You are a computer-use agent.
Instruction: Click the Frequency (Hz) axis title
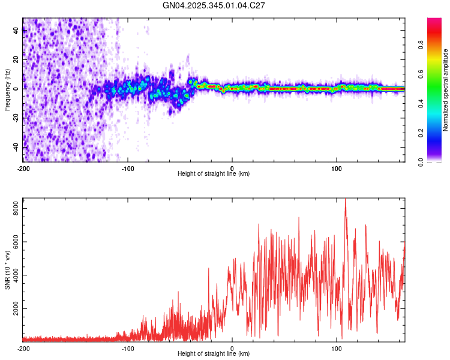[7, 89]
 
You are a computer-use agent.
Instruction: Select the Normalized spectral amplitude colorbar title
[445, 90]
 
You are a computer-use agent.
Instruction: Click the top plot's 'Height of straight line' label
[214, 173]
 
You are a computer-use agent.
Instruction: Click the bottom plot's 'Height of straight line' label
[214, 354]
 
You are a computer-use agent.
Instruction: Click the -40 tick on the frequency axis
[16, 146]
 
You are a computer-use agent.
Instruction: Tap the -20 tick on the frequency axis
[16, 118]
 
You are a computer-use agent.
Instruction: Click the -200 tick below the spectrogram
[23, 168]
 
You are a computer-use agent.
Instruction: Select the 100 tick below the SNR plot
[337, 348]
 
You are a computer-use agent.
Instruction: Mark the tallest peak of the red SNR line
[345, 200]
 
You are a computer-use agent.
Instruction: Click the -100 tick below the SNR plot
[127, 348]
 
